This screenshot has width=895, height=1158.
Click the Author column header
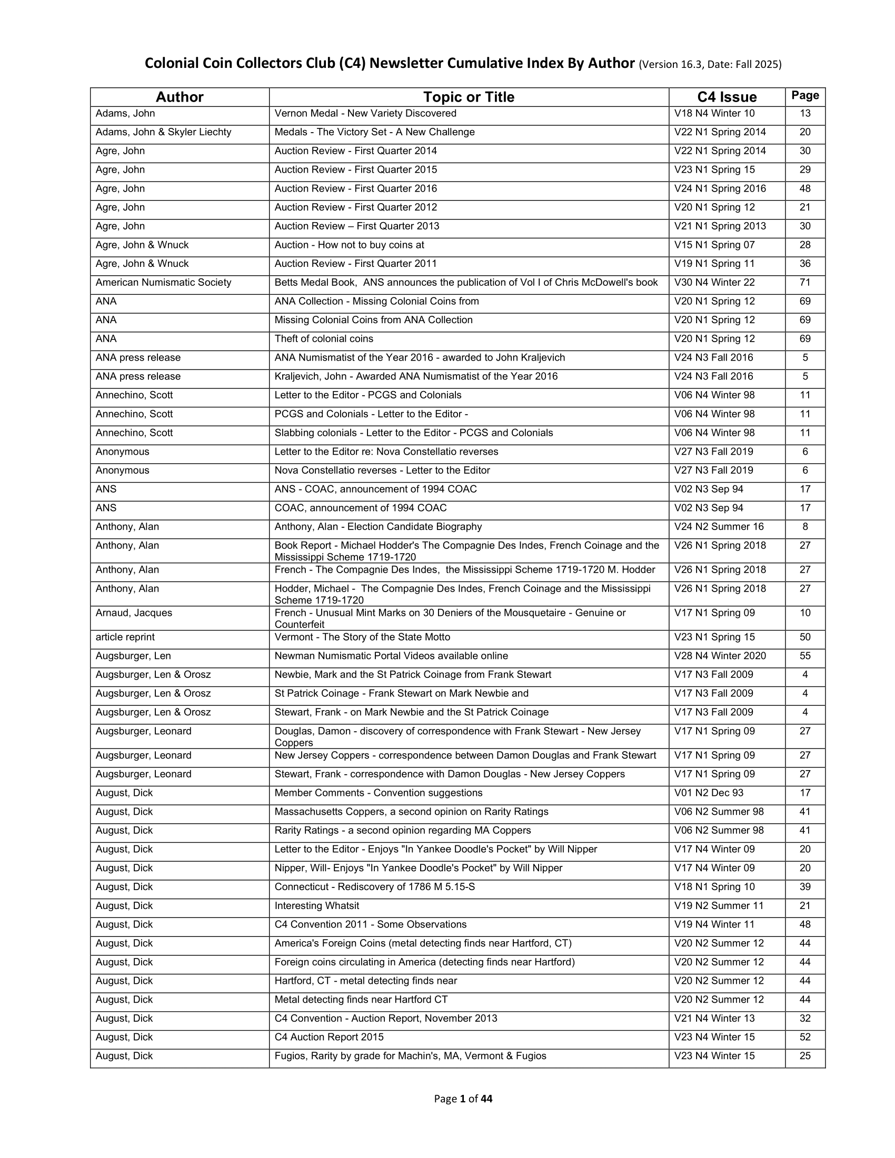point(179,97)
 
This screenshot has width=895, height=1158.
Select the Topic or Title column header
point(469,97)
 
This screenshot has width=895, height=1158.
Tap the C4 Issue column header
point(727,97)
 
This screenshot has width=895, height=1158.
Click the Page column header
point(805,95)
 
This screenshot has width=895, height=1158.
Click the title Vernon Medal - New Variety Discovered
point(365,114)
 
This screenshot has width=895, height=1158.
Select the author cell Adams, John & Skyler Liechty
point(163,132)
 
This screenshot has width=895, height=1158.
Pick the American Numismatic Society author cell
point(163,283)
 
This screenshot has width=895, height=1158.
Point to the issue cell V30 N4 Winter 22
point(714,283)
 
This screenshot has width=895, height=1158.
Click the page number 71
point(805,283)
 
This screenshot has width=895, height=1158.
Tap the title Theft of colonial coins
point(323,339)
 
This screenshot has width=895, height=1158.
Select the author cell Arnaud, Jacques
point(134,613)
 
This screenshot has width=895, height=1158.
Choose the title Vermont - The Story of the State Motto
point(362,637)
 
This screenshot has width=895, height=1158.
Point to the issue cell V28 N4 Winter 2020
point(720,656)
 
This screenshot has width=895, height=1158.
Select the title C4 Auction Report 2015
point(329,1037)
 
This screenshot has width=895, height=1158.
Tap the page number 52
point(805,1037)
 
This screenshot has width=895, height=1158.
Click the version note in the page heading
point(710,65)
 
